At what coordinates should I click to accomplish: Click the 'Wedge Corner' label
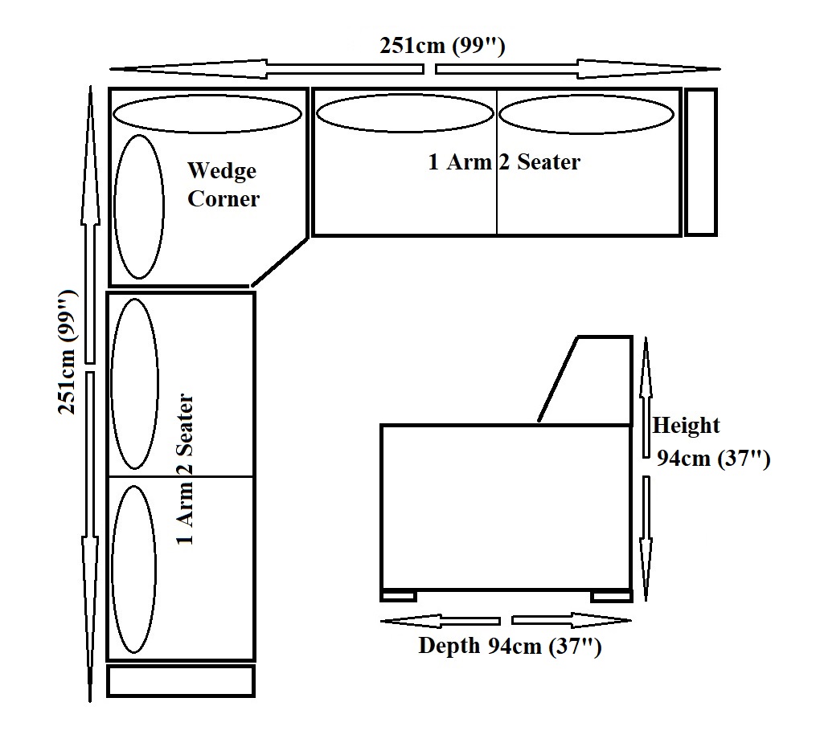(223, 185)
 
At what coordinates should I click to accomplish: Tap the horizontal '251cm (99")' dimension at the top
(442, 46)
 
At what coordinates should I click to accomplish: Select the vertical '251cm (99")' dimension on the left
(68, 352)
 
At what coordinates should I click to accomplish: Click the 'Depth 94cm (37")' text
(510, 646)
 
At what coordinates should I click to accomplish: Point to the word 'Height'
(686, 426)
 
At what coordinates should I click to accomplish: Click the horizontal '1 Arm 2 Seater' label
(504, 161)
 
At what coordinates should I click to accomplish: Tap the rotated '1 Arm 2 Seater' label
(185, 469)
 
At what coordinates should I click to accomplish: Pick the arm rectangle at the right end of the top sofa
(701, 162)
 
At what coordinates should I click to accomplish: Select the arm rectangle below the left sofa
(181, 681)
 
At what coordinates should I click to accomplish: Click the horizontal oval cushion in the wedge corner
(207, 113)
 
